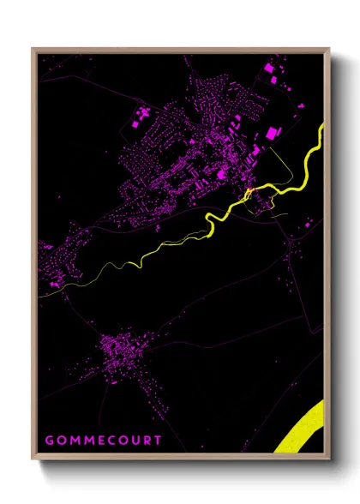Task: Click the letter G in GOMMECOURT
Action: [x=49, y=440]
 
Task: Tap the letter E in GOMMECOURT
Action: [x=99, y=440]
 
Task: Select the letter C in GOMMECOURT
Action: [x=111, y=440]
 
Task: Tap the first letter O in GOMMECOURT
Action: [x=61, y=440]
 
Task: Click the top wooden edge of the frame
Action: [x=180, y=50]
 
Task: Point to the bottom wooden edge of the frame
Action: [x=180, y=457]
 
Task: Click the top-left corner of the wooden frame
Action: [x=34, y=50]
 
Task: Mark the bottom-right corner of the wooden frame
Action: [x=327, y=457]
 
